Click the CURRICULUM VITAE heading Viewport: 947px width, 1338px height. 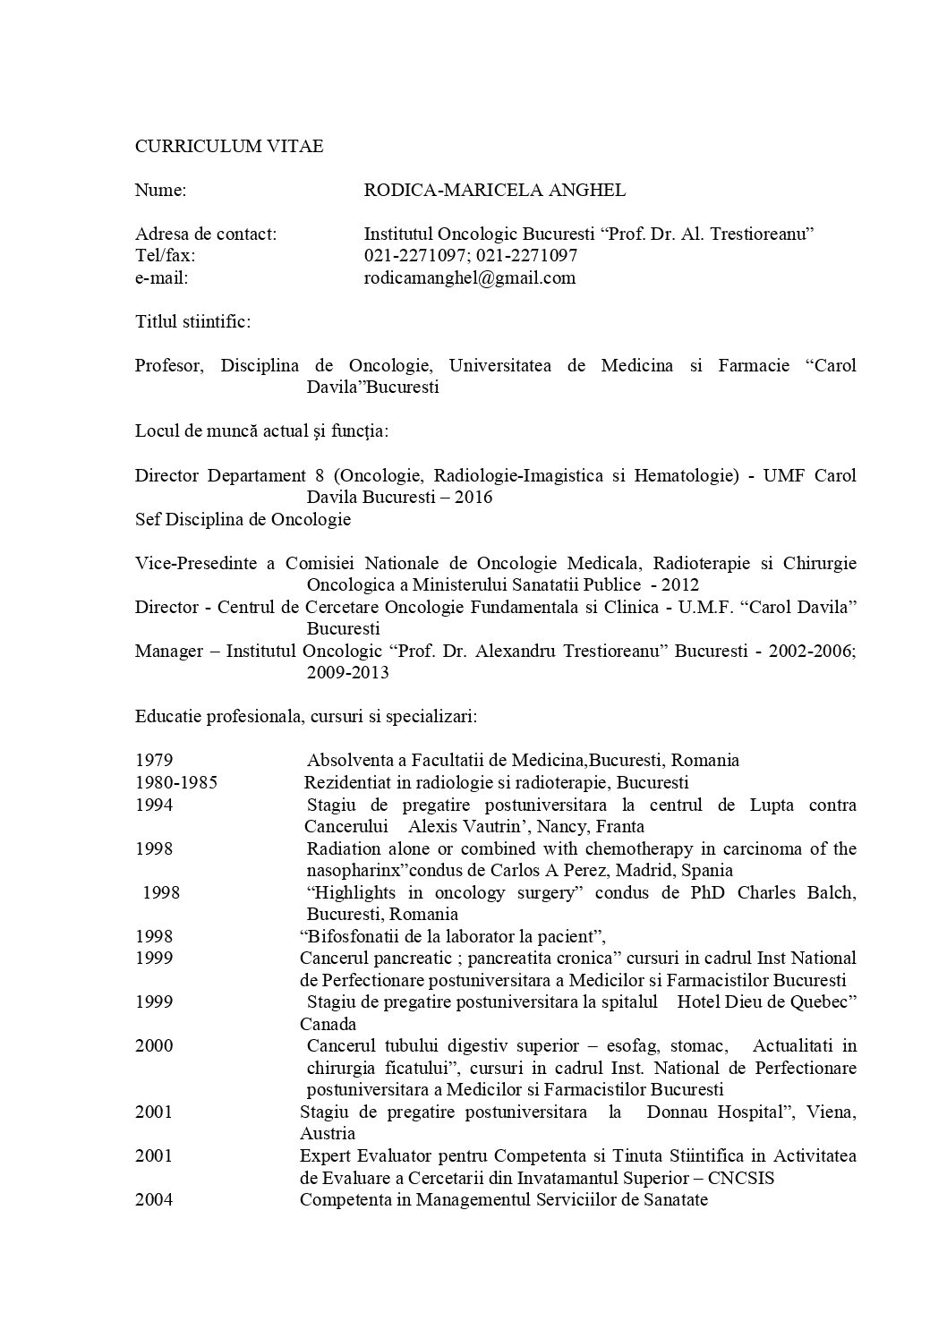pyautogui.click(x=229, y=146)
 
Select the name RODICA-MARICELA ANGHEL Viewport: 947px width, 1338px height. pyautogui.click(x=495, y=190)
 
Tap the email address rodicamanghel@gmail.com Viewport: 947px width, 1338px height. pyautogui.click(x=469, y=277)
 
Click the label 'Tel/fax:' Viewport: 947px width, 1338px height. pyautogui.click(x=165, y=255)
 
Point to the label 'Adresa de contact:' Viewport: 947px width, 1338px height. pyautogui.click(x=206, y=234)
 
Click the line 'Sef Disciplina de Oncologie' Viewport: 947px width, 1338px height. pyautogui.click(x=243, y=519)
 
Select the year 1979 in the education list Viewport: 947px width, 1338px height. pyautogui.click(x=154, y=761)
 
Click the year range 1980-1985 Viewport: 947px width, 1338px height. pyautogui.click(x=176, y=782)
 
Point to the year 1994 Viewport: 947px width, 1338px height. pyautogui.click(x=154, y=805)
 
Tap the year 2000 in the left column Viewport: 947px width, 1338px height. pyautogui.click(x=154, y=1045)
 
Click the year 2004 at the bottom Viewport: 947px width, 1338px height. pyautogui.click(x=154, y=1199)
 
